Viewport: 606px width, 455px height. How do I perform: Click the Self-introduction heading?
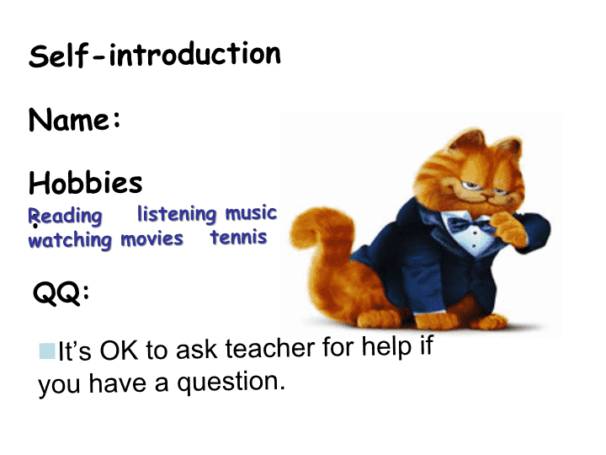point(155,55)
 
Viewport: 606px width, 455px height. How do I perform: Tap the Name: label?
point(75,120)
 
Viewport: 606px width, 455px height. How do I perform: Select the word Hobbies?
point(85,182)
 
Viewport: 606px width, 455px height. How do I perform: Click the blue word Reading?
point(66,216)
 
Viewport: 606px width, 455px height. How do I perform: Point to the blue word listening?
point(177,213)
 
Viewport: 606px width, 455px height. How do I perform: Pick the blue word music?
point(251,213)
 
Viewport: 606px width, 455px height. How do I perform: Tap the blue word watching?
point(70,240)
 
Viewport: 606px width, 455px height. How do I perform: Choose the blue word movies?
point(151,239)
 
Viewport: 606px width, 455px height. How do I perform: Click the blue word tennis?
point(238,237)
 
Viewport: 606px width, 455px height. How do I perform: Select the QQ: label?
point(61,293)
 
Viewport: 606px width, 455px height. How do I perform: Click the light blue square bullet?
point(47,351)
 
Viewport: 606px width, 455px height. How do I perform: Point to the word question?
point(231,383)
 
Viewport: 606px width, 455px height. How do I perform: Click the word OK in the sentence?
point(119,351)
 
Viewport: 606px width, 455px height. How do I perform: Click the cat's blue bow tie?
point(470,225)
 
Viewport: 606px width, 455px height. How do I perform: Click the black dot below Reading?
point(35,226)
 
